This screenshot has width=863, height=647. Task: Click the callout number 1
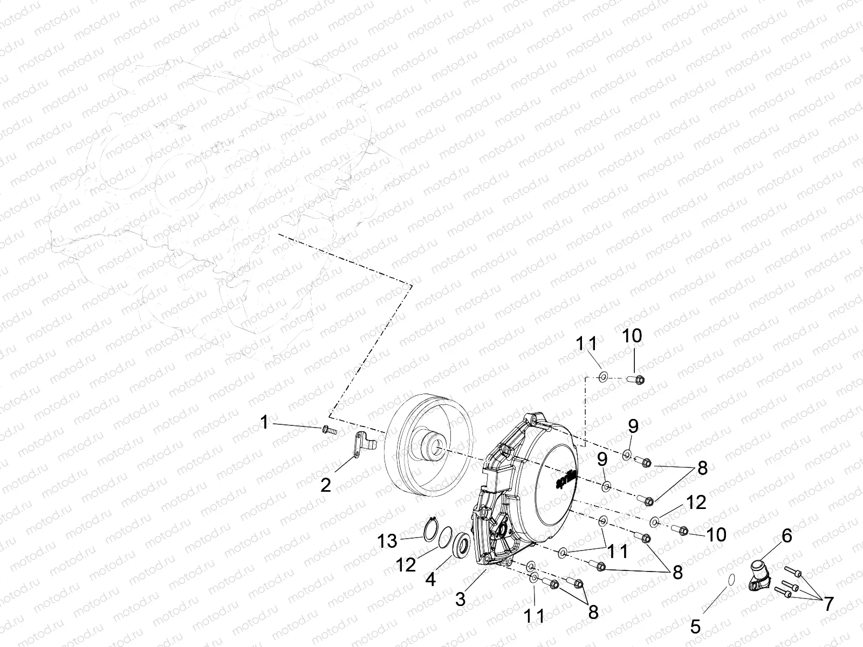pyautogui.click(x=264, y=423)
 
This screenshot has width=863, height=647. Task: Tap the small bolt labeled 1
pyautogui.click(x=327, y=430)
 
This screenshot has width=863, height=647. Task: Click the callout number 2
pyautogui.click(x=325, y=485)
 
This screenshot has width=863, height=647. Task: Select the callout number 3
pyautogui.click(x=460, y=600)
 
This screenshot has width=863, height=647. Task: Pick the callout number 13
pyautogui.click(x=387, y=541)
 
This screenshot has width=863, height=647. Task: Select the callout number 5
pyautogui.click(x=696, y=627)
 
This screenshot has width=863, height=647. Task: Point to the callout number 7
pyautogui.click(x=828, y=604)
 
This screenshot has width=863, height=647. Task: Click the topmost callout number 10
pyautogui.click(x=632, y=336)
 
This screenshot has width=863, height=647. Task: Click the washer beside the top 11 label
pyautogui.click(x=604, y=376)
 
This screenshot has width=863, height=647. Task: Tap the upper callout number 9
pyautogui.click(x=633, y=426)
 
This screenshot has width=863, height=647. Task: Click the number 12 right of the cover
pyautogui.click(x=696, y=503)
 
